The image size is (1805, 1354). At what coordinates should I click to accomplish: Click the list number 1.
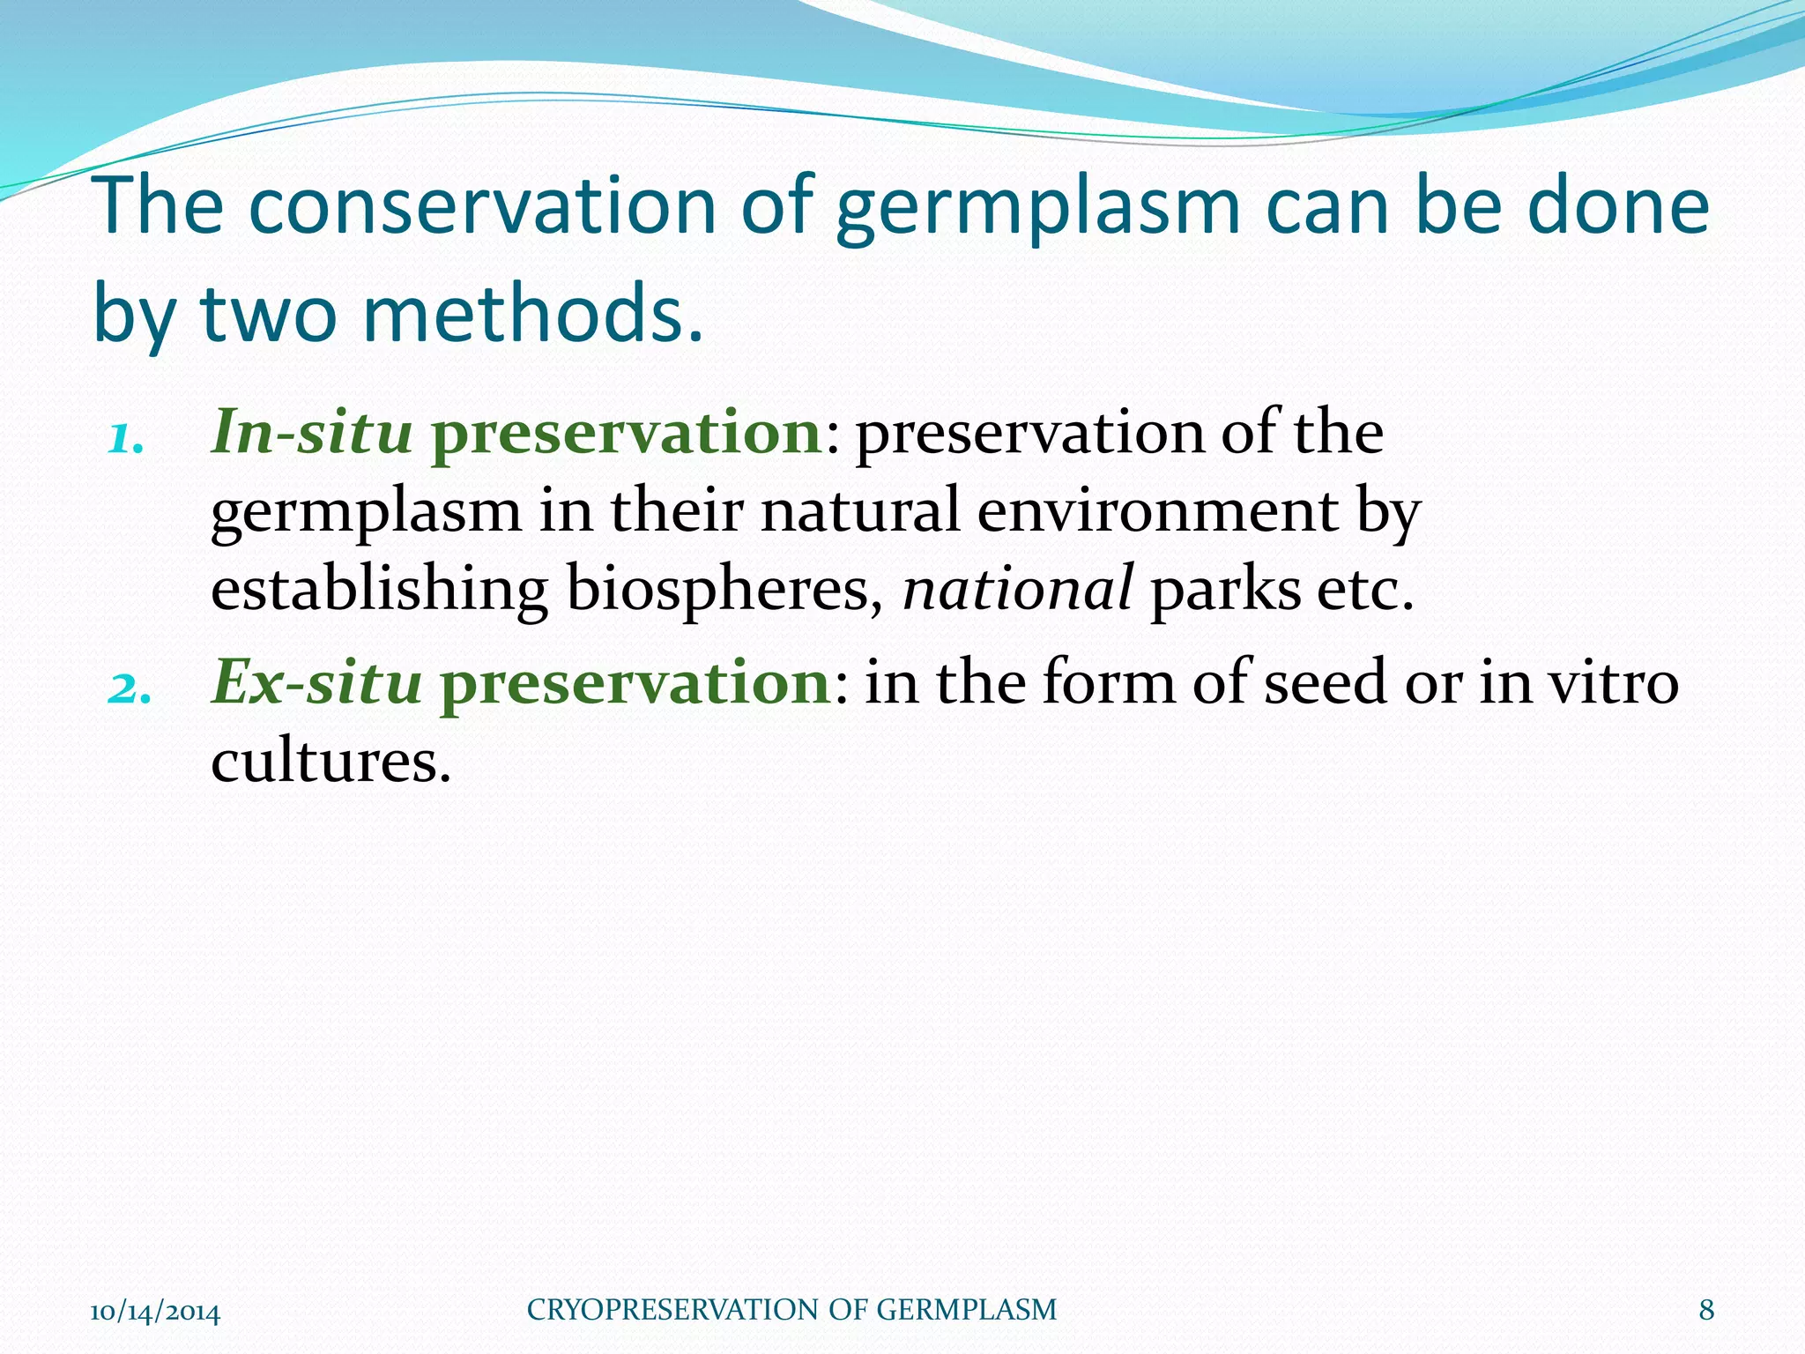click(126, 438)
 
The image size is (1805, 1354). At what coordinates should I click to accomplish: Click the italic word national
click(1017, 589)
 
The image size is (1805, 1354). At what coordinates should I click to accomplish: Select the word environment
click(1157, 511)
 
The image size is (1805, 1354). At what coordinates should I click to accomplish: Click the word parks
click(1225, 591)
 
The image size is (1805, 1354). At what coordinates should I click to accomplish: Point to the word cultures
click(331, 761)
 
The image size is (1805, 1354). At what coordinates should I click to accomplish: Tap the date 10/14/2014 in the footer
click(155, 1312)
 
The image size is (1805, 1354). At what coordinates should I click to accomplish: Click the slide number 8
click(1706, 1310)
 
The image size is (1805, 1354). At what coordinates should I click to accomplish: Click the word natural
click(859, 511)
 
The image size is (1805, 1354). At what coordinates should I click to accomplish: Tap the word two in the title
click(269, 314)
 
